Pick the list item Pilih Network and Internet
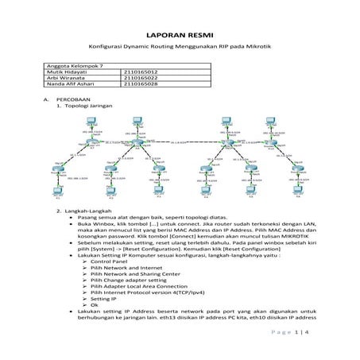pos(123,269)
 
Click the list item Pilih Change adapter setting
pos(127,282)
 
